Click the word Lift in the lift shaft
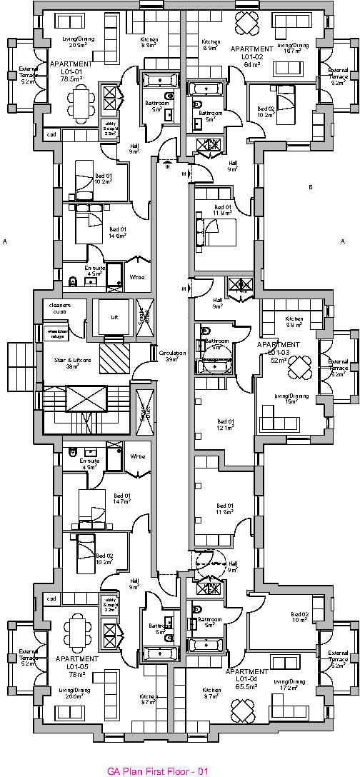tap(113, 317)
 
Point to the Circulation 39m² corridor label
tap(172, 356)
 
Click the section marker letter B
tap(310, 187)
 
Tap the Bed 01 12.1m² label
tap(225, 424)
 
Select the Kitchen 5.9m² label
tap(294, 321)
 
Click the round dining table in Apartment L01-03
tap(301, 369)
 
